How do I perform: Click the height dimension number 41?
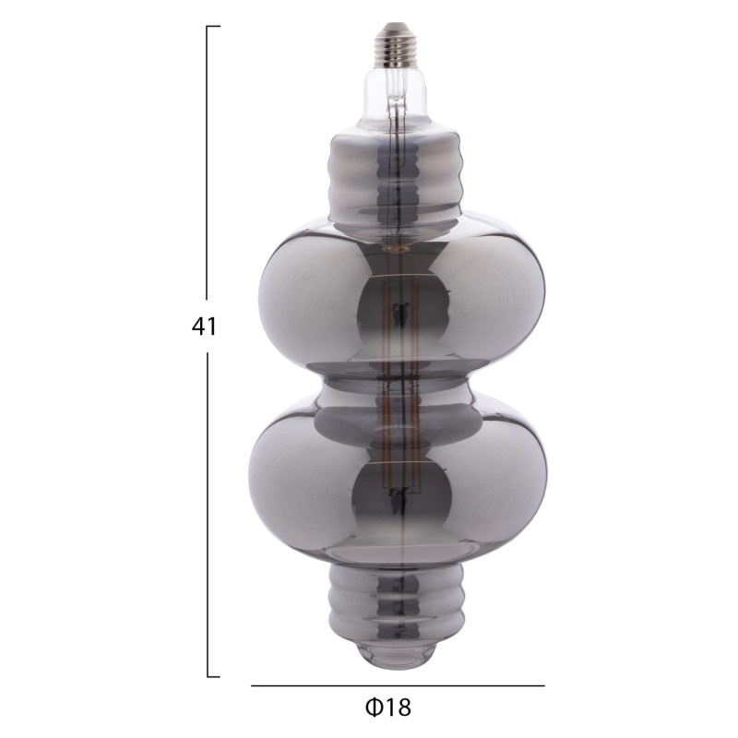point(205,327)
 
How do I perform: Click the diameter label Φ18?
point(388,707)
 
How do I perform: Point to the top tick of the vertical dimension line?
point(213,27)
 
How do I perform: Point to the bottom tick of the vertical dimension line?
point(213,676)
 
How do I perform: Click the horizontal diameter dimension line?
point(397,685)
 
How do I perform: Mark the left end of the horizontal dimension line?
point(252,685)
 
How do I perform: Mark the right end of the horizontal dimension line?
point(544,685)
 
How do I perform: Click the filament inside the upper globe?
point(398,314)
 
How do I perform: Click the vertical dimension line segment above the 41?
point(207,166)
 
